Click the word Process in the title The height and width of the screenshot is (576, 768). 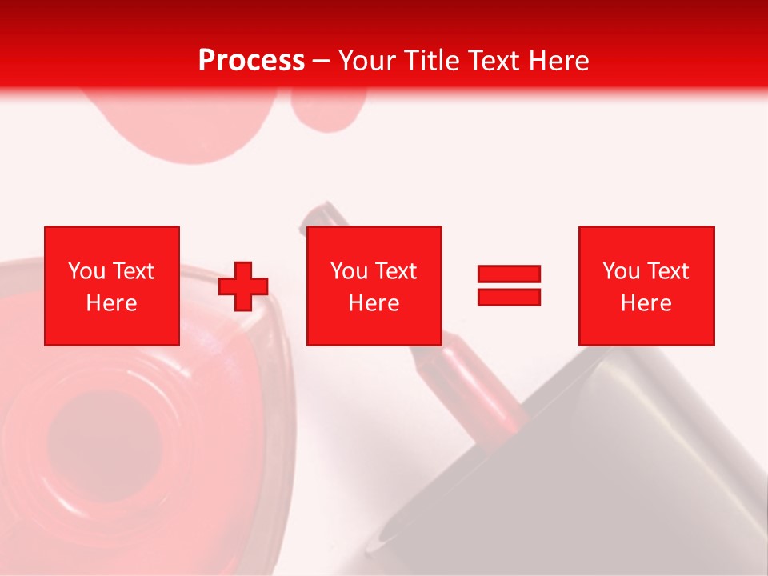click(x=251, y=61)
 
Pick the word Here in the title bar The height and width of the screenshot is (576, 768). click(x=560, y=61)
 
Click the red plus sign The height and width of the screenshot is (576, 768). click(x=243, y=286)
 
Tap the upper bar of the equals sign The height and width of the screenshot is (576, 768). click(x=509, y=274)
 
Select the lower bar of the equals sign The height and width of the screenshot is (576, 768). click(x=509, y=297)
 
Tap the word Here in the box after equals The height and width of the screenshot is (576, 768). click(x=646, y=303)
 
